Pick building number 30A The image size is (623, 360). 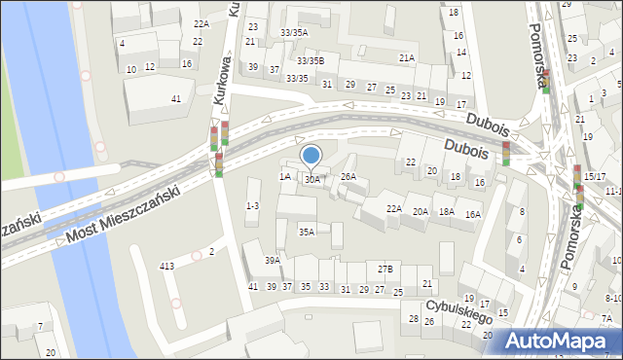coord(311,179)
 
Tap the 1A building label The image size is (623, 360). coord(284,176)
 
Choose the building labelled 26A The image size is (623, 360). coord(348,176)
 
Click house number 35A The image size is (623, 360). coord(307,232)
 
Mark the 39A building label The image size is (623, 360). coord(273,260)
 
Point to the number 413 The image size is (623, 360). coord(166,266)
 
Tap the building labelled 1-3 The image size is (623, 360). coord(252,205)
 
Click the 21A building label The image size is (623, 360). coord(406,58)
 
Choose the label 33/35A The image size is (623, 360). coord(294,32)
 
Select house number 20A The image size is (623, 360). coord(421,211)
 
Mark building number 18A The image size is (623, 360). coord(446,211)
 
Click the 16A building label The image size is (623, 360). coord(473,214)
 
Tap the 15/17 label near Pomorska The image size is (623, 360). coord(596,176)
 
